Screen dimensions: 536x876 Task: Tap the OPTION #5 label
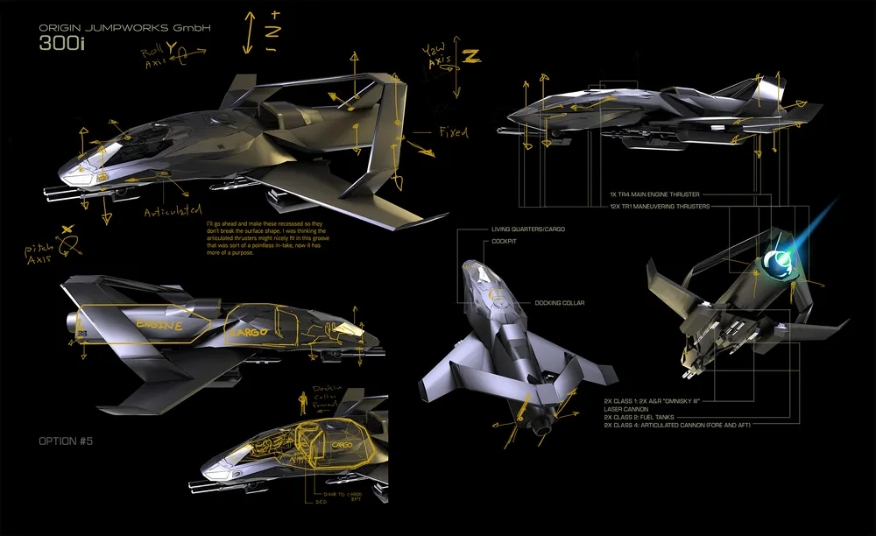[x=66, y=441]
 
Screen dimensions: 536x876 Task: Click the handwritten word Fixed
[x=452, y=132]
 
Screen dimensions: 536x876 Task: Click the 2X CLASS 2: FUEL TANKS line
[x=645, y=417]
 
